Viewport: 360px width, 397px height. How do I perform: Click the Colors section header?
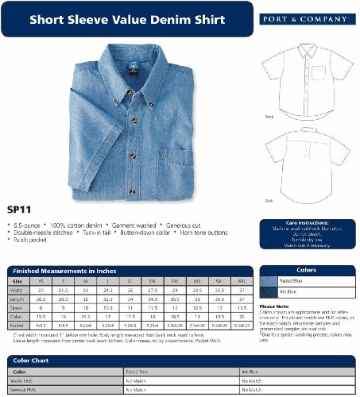click(x=307, y=270)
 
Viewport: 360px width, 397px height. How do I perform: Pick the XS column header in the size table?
click(x=41, y=281)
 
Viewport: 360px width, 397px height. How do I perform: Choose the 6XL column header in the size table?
click(x=242, y=281)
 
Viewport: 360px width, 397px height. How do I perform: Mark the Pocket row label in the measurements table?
click(x=17, y=325)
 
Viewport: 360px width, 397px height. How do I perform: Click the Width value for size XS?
click(x=41, y=290)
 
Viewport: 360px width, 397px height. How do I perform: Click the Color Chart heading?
click(x=32, y=360)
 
